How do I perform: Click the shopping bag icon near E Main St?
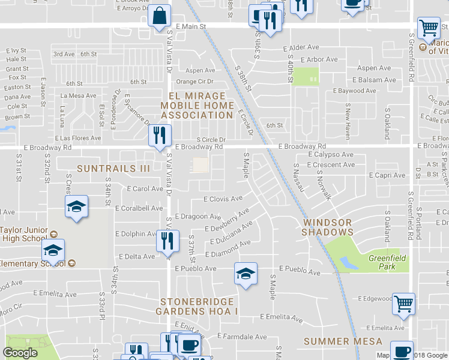(x=160, y=16)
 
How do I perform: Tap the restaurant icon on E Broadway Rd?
(x=160, y=134)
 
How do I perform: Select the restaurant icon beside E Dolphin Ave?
(x=167, y=241)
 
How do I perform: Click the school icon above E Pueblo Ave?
(x=246, y=274)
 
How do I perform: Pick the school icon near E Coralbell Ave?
(x=76, y=207)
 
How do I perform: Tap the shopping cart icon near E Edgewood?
(x=404, y=303)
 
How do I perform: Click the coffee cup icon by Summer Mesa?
(x=401, y=350)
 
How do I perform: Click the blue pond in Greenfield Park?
(x=347, y=263)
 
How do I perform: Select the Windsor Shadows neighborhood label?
(x=327, y=227)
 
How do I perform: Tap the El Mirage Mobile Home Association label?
(x=197, y=105)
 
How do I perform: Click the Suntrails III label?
(x=113, y=169)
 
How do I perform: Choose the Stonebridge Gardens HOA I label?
(x=197, y=306)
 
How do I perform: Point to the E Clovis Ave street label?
(x=223, y=199)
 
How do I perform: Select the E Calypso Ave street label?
(x=331, y=154)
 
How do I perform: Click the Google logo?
(x=20, y=352)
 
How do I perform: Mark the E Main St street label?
(x=191, y=26)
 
